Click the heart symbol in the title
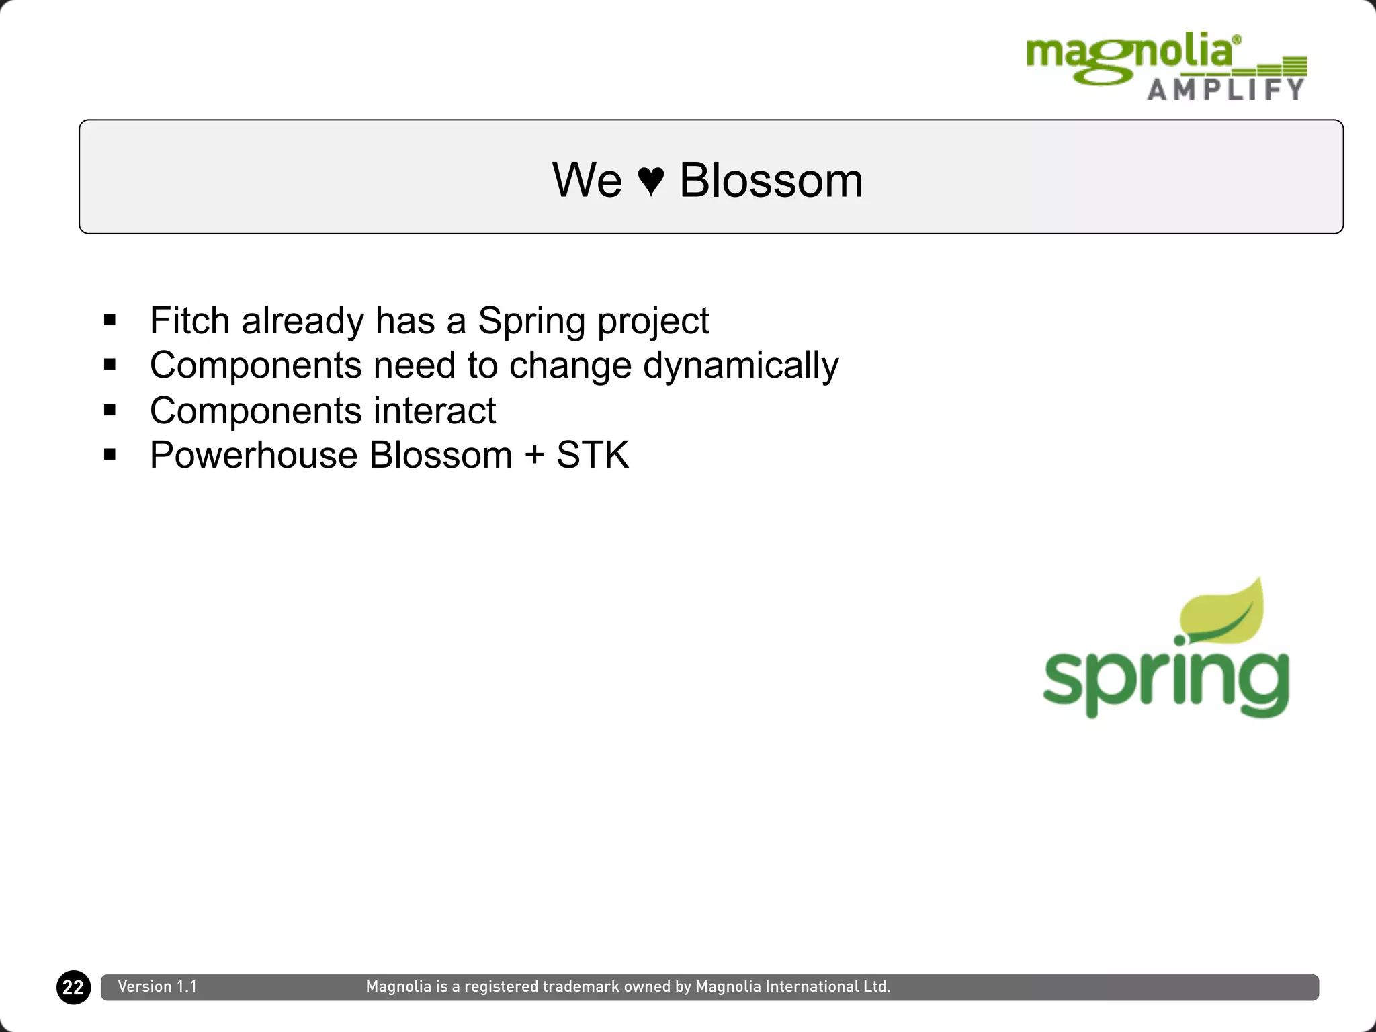650,181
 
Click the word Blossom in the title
771,180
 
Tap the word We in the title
587,180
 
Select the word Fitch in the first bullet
189,320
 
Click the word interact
434,411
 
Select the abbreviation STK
592,455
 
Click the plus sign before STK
534,456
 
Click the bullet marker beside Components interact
110,410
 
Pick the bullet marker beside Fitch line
110,320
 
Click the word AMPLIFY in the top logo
1225,89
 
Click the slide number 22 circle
73,987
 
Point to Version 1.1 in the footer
157,986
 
